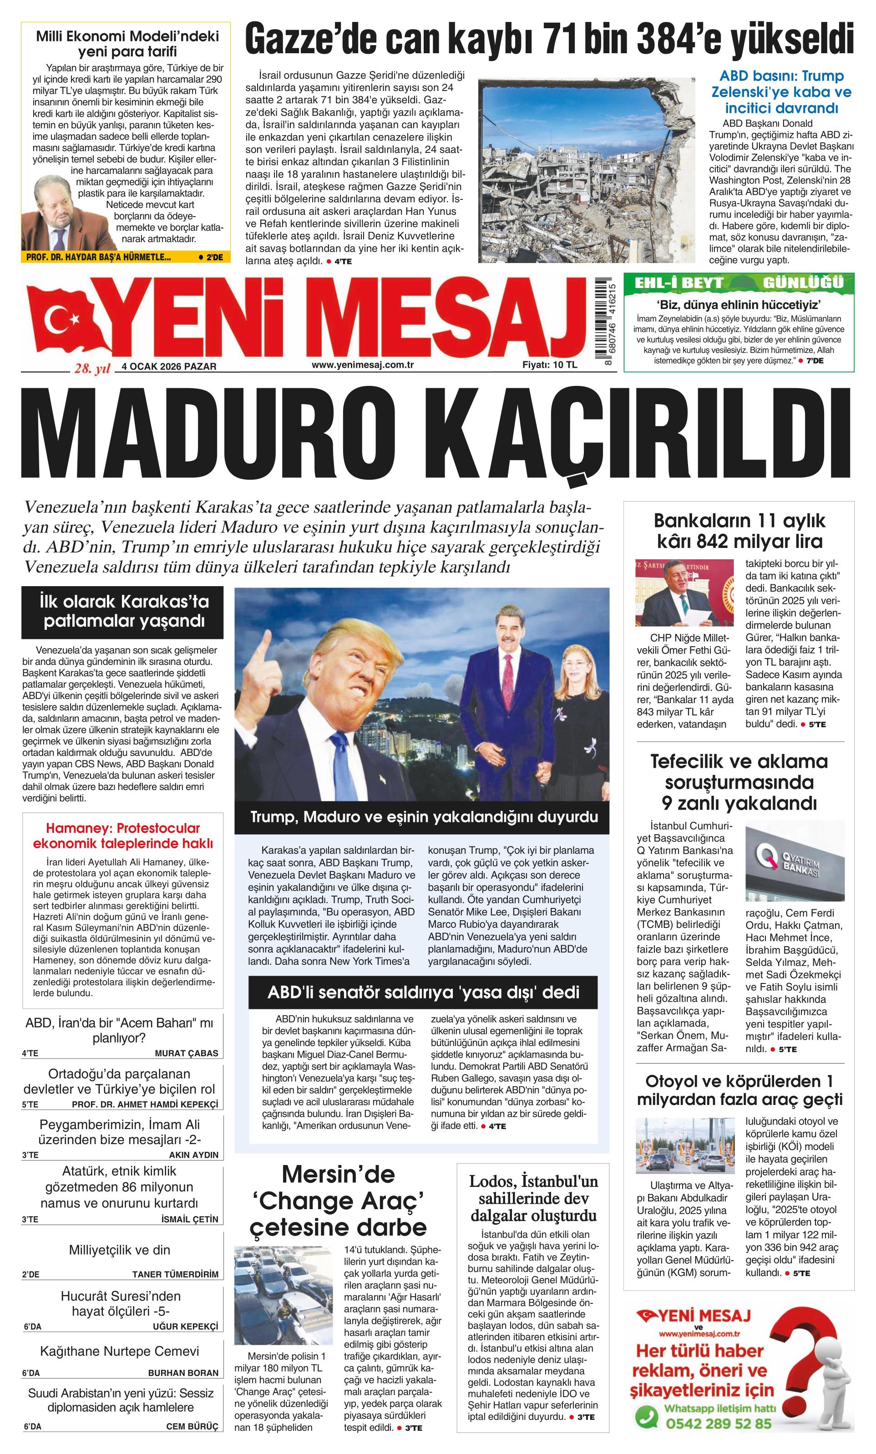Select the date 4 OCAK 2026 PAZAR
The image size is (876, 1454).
click(x=169, y=366)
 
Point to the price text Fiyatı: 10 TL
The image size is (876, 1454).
click(x=549, y=365)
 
